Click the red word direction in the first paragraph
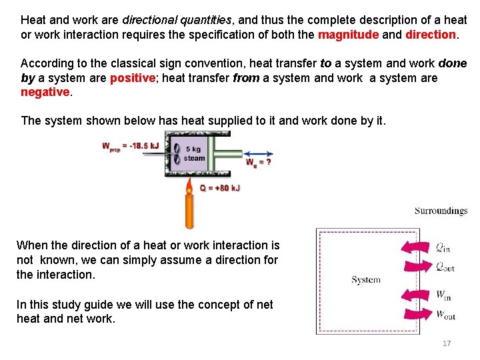[431, 34]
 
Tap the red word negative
[45, 92]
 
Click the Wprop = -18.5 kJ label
[130, 145]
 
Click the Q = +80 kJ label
[219, 188]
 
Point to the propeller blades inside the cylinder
[177, 153]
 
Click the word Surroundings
[441, 211]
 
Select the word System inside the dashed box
[365, 280]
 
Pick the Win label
[443, 295]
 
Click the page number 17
[447, 343]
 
